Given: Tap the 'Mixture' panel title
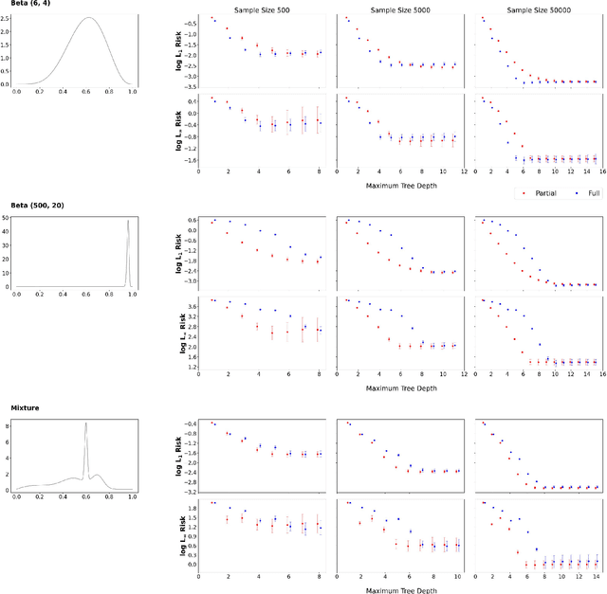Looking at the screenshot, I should pyautogui.click(x=26, y=407).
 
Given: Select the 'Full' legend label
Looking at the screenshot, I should pyautogui.click(x=584, y=193).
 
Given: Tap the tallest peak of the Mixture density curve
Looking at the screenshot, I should pyautogui.click(x=85, y=423).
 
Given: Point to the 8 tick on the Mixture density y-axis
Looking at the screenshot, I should pyautogui.click(x=8, y=426).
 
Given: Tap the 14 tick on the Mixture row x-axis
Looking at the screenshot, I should pyautogui.click(x=595, y=575).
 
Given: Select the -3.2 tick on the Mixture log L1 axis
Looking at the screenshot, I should pyautogui.click(x=189, y=493).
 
